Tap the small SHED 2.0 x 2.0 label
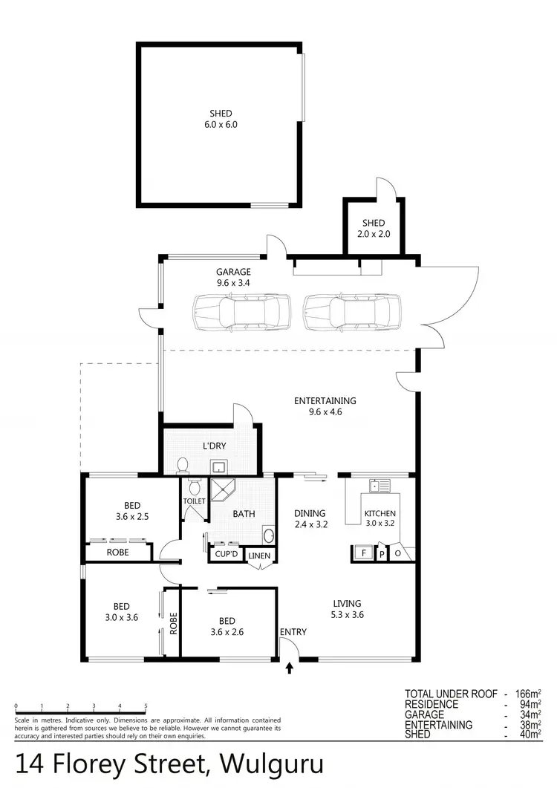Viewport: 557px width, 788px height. pos(374,229)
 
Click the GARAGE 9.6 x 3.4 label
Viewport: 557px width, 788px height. pos(233,277)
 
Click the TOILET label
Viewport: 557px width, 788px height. pos(194,502)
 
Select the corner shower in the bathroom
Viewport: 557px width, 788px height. pos(224,489)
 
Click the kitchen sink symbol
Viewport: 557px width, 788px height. pos(380,486)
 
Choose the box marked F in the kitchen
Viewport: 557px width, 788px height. pos(363,553)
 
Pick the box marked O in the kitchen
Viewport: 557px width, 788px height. pos(397,553)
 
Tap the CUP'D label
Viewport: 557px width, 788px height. pos(226,555)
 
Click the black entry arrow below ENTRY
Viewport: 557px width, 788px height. pos(290,668)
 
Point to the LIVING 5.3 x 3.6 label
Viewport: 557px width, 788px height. pos(346,608)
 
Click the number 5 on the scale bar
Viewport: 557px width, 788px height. pos(146,706)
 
